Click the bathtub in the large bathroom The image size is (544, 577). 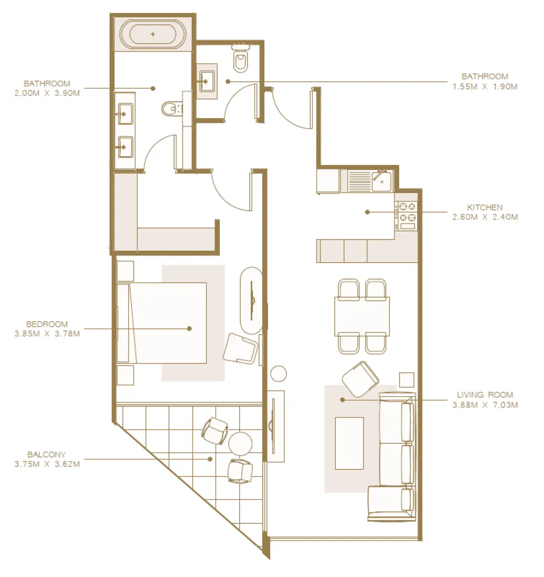(153, 35)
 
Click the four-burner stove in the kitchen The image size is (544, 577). (407, 212)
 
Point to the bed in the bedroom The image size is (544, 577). (168, 323)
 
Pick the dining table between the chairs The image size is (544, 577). (362, 316)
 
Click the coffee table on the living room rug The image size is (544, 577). (349, 443)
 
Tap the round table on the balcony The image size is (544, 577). (241, 443)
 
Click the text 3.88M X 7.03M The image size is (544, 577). (485, 405)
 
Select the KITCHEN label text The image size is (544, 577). (485, 207)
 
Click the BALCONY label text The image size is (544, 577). (47, 454)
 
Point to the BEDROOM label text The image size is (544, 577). (47, 324)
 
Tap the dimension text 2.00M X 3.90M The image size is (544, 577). (47, 93)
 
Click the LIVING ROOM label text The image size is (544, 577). (485, 395)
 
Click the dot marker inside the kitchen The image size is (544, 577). (367, 212)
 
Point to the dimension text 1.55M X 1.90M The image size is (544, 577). (485, 86)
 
